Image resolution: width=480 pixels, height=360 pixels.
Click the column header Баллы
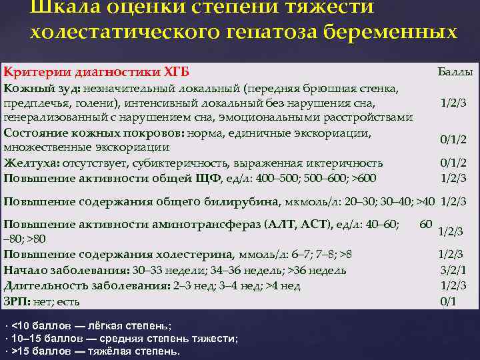[455, 71]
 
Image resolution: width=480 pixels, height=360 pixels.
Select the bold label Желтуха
[30, 163]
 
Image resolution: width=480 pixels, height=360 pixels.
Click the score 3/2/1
[453, 269]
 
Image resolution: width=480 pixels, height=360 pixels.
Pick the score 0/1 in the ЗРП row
[449, 301]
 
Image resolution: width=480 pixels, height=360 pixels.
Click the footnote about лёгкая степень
[87, 325]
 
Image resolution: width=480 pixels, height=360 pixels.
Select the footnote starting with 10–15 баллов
[121, 338]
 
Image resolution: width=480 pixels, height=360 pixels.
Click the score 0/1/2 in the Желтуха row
[453, 163]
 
